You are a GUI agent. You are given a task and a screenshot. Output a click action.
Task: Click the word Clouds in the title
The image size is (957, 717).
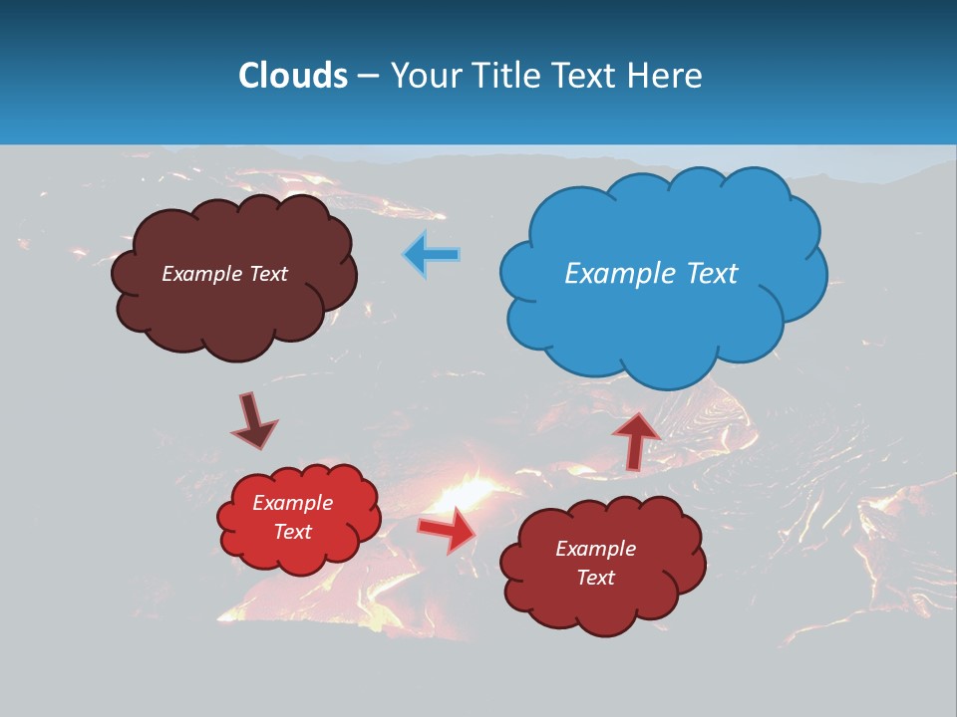[x=293, y=76]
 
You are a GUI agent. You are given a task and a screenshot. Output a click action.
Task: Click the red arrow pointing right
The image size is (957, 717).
[x=447, y=529]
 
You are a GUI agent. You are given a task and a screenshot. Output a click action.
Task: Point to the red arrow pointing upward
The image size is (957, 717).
[x=635, y=438]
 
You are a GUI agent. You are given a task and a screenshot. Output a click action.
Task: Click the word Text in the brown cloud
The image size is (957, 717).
[x=269, y=274]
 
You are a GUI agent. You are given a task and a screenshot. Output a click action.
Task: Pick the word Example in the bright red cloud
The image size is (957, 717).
[x=292, y=503]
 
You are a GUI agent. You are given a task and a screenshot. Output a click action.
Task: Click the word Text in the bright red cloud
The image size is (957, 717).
[x=292, y=532]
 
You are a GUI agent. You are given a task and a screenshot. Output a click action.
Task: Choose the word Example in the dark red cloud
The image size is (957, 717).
[x=595, y=549]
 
